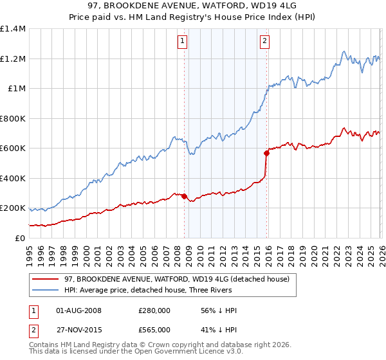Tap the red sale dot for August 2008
[x=184, y=197]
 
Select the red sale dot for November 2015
[x=266, y=153]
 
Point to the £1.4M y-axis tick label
[x=13, y=29]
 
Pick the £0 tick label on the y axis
[x=19, y=238]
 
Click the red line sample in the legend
[x=46, y=278]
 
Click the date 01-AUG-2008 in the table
[x=79, y=310]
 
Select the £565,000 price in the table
[x=154, y=328]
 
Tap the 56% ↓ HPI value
[x=219, y=310]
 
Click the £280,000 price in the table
[x=154, y=310]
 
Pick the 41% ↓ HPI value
[x=219, y=328]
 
